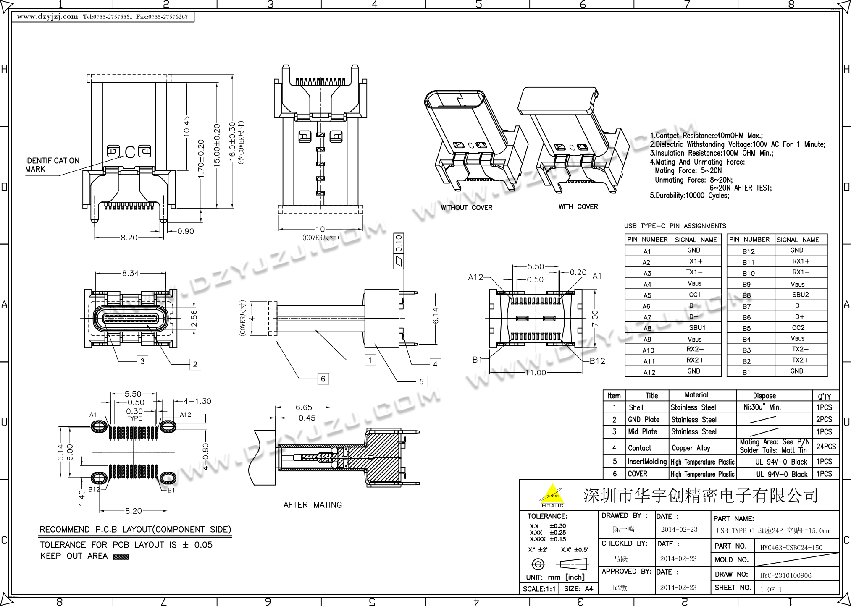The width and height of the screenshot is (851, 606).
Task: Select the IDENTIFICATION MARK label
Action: pos(52,165)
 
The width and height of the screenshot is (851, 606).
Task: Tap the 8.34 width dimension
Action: pos(131,273)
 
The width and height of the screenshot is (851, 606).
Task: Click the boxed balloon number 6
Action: pos(323,379)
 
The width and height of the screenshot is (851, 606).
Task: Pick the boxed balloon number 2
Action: pos(195,364)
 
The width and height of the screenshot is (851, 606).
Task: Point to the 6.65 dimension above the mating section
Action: pos(304,407)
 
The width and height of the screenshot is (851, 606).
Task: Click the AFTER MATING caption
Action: pos(313,505)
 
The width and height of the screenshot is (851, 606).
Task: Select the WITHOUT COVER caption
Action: pos(466,207)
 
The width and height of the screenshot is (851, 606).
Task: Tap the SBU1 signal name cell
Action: pos(697,328)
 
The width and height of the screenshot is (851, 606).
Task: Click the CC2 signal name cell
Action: pos(798,328)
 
